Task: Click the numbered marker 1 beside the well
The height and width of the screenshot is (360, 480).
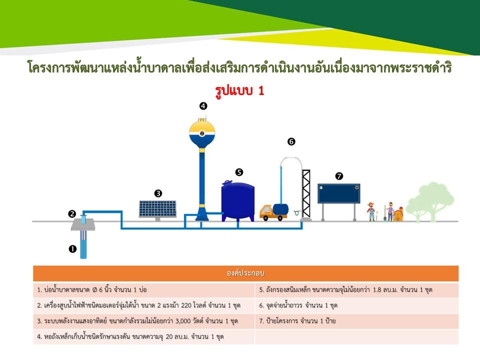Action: pyautogui.click(x=72, y=249)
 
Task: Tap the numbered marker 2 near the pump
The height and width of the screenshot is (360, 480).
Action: pyautogui.click(x=72, y=213)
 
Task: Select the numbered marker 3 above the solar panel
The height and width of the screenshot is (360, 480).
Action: pyautogui.click(x=158, y=193)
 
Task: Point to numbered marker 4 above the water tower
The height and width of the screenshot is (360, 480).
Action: pyautogui.click(x=203, y=106)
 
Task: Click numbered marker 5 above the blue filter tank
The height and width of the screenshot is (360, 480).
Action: pyautogui.click(x=239, y=172)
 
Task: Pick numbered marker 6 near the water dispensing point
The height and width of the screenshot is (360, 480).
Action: pyautogui.click(x=291, y=141)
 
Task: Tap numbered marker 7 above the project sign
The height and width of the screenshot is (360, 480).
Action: pyautogui.click(x=339, y=176)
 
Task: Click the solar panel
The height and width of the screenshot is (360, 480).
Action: pyautogui.click(x=157, y=209)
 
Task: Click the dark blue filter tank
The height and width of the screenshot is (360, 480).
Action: pyautogui.click(x=238, y=200)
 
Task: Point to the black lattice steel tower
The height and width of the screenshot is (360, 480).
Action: pyautogui.click(x=306, y=194)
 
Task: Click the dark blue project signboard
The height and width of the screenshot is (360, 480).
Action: pyautogui.click(x=339, y=193)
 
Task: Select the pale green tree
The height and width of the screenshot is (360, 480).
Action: pyautogui.click(x=430, y=202)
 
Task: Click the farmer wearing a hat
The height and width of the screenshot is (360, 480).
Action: pyautogui.click(x=371, y=211)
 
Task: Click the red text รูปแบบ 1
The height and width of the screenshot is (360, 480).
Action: pyautogui.click(x=239, y=91)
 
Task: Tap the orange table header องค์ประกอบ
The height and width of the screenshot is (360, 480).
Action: pyautogui.click(x=246, y=273)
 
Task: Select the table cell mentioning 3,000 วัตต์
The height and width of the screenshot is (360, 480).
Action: pyautogui.click(x=144, y=321)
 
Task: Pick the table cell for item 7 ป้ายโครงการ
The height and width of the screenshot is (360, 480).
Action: pyautogui.click(x=356, y=321)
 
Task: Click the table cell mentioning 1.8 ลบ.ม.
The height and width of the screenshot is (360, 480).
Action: pyautogui.click(x=356, y=289)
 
